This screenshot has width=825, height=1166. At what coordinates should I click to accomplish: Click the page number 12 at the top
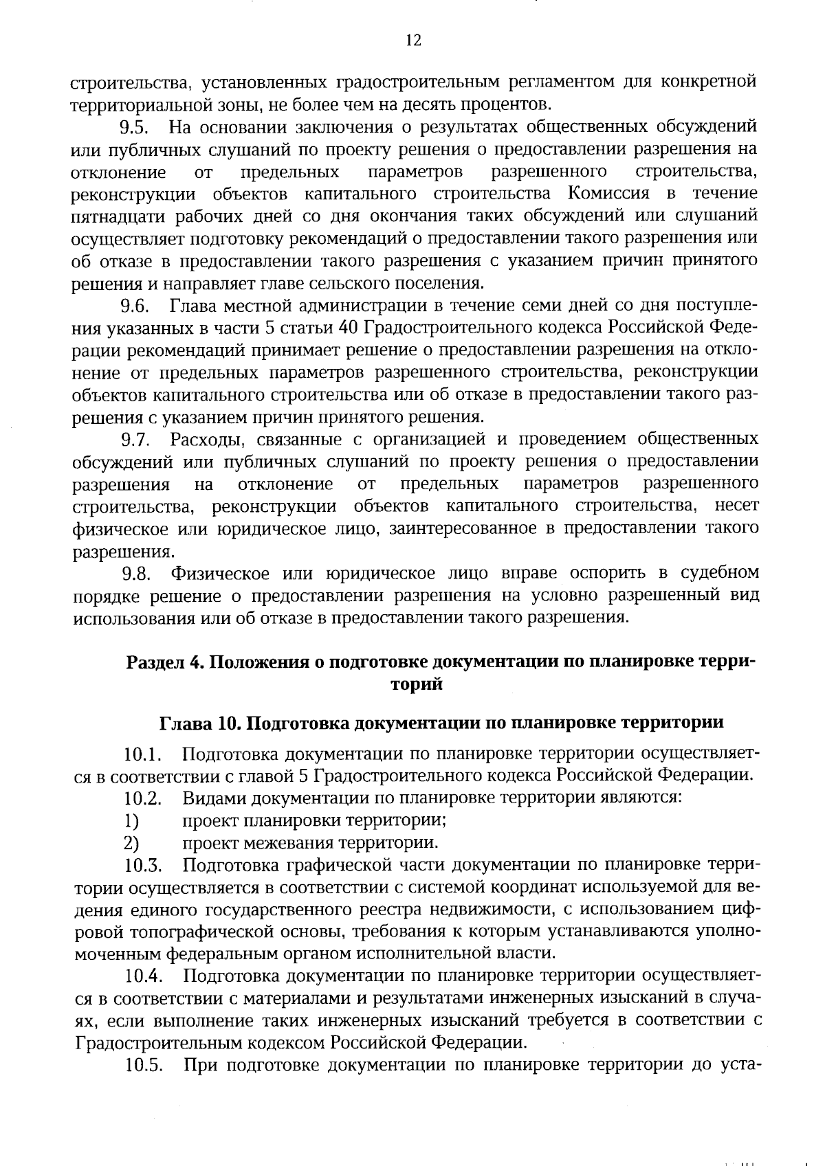[412, 41]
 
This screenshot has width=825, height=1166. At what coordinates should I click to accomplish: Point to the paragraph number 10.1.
[143, 754]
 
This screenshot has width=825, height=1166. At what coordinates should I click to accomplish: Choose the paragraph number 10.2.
[143, 799]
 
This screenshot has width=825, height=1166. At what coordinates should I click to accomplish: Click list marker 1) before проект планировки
[131, 821]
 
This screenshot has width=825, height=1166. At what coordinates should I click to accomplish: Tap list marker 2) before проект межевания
[131, 843]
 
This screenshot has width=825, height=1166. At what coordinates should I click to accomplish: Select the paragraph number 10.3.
[143, 866]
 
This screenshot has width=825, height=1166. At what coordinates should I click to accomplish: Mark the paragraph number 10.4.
[143, 977]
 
